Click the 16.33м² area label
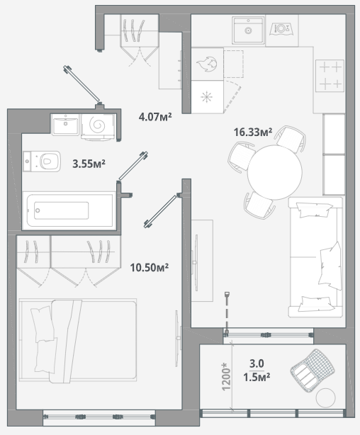(x=252, y=132)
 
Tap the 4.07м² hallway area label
(x=155, y=117)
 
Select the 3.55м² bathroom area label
(x=89, y=164)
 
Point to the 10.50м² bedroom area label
(x=150, y=268)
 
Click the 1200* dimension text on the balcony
(x=226, y=376)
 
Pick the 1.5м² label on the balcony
(x=257, y=378)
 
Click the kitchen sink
(x=248, y=30)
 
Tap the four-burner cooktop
(x=330, y=76)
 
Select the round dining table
(x=274, y=172)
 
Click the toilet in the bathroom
(x=42, y=162)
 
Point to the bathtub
(x=69, y=210)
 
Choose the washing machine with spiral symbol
(x=98, y=127)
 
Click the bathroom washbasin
(x=65, y=125)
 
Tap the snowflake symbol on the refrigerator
(x=206, y=97)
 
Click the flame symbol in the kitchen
(x=206, y=64)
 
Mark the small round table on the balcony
(x=325, y=398)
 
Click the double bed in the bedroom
(x=78, y=340)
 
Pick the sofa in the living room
(x=315, y=257)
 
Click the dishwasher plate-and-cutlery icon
(x=281, y=29)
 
